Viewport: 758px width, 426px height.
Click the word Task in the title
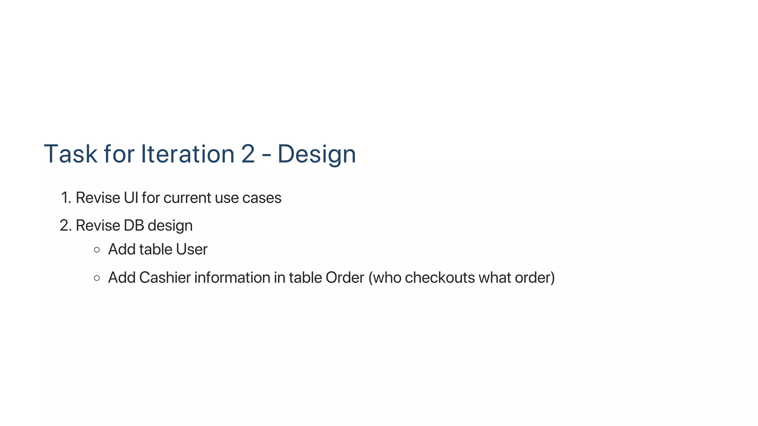(x=70, y=154)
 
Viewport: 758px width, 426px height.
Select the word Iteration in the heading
(x=188, y=154)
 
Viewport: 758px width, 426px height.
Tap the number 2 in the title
(x=248, y=154)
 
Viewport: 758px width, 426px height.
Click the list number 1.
(x=66, y=198)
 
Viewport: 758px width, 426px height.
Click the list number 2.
(x=65, y=226)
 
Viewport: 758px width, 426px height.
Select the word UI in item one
(x=131, y=198)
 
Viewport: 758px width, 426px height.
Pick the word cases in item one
(x=262, y=198)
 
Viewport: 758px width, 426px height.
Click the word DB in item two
(x=134, y=226)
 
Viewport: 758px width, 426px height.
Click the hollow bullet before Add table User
(x=97, y=250)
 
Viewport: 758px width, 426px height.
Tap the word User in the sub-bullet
(x=191, y=250)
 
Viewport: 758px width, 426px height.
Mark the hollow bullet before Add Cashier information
(x=97, y=278)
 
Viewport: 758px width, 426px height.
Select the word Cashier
(x=165, y=278)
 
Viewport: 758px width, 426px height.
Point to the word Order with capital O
(x=345, y=278)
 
